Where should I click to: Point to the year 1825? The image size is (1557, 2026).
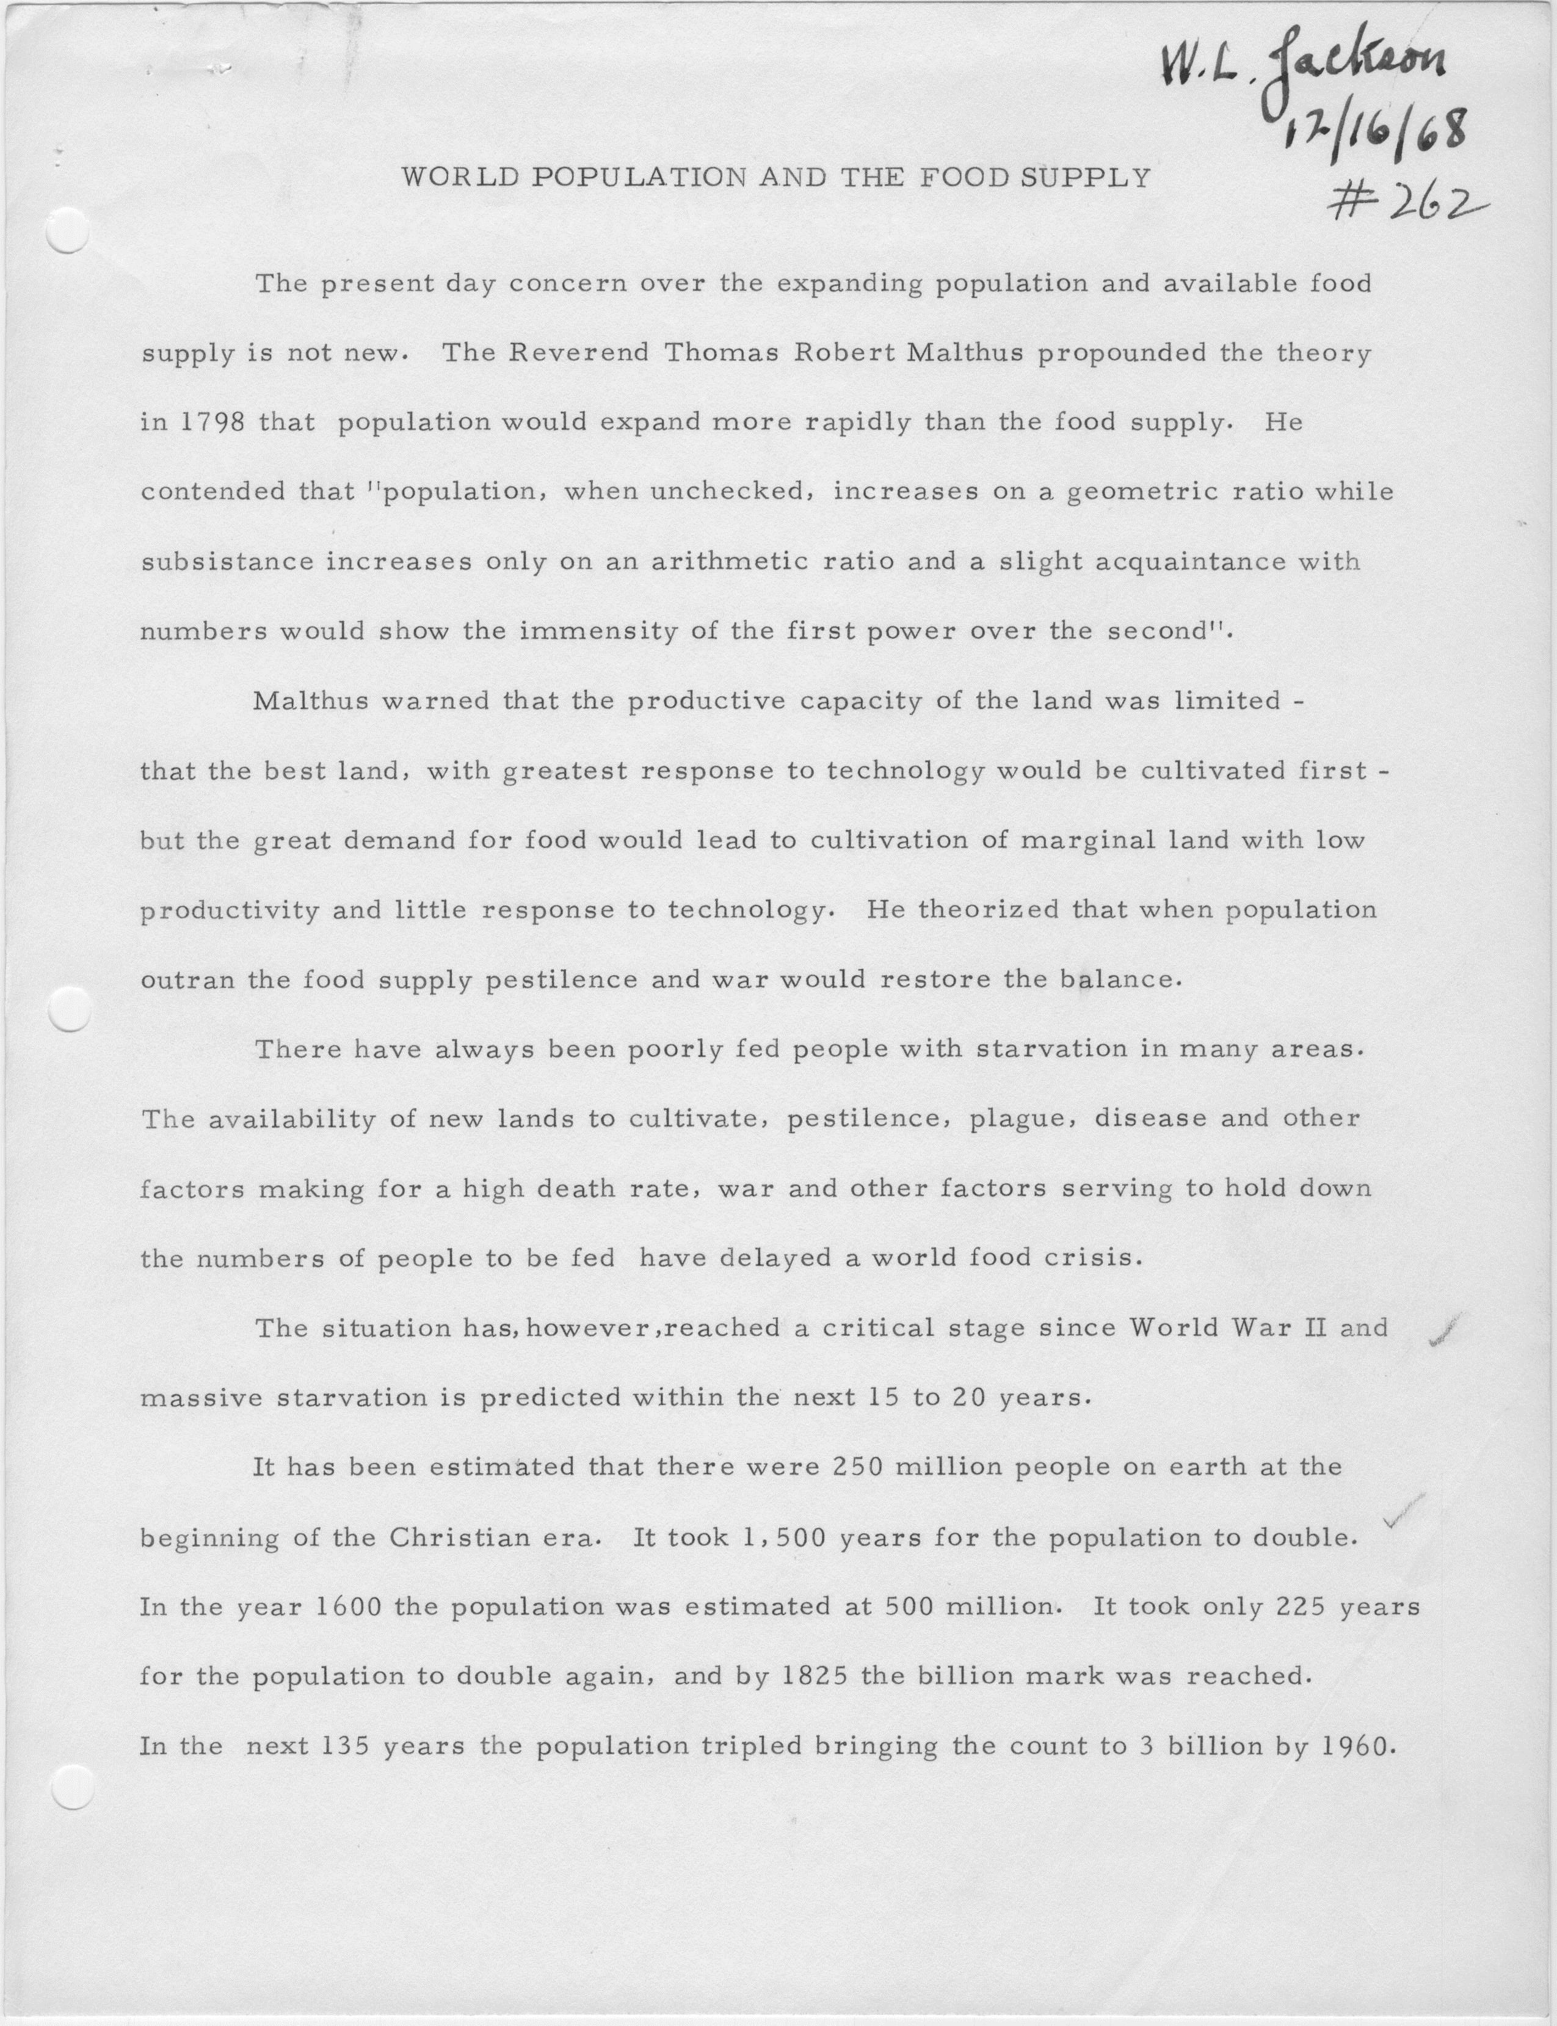(x=815, y=1677)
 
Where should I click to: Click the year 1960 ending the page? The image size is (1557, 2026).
(x=1355, y=1747)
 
